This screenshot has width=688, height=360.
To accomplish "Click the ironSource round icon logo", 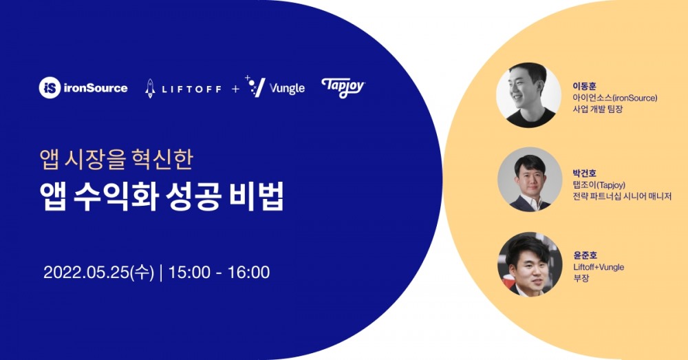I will point(50,87).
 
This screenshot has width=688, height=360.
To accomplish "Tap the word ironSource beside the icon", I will point(95,88).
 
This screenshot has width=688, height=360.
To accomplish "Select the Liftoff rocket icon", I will point(150,88).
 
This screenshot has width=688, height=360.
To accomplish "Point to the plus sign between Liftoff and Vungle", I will point(235,89).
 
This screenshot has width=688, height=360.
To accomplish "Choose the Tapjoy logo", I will point(343,87).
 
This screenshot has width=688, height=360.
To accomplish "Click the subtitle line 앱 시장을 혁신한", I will point(117,160).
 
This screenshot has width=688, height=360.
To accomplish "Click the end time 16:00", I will point(248,272).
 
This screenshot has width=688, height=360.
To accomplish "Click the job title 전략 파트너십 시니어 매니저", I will point(619,195).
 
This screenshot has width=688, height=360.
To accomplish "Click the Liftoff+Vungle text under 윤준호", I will point(599,267).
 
